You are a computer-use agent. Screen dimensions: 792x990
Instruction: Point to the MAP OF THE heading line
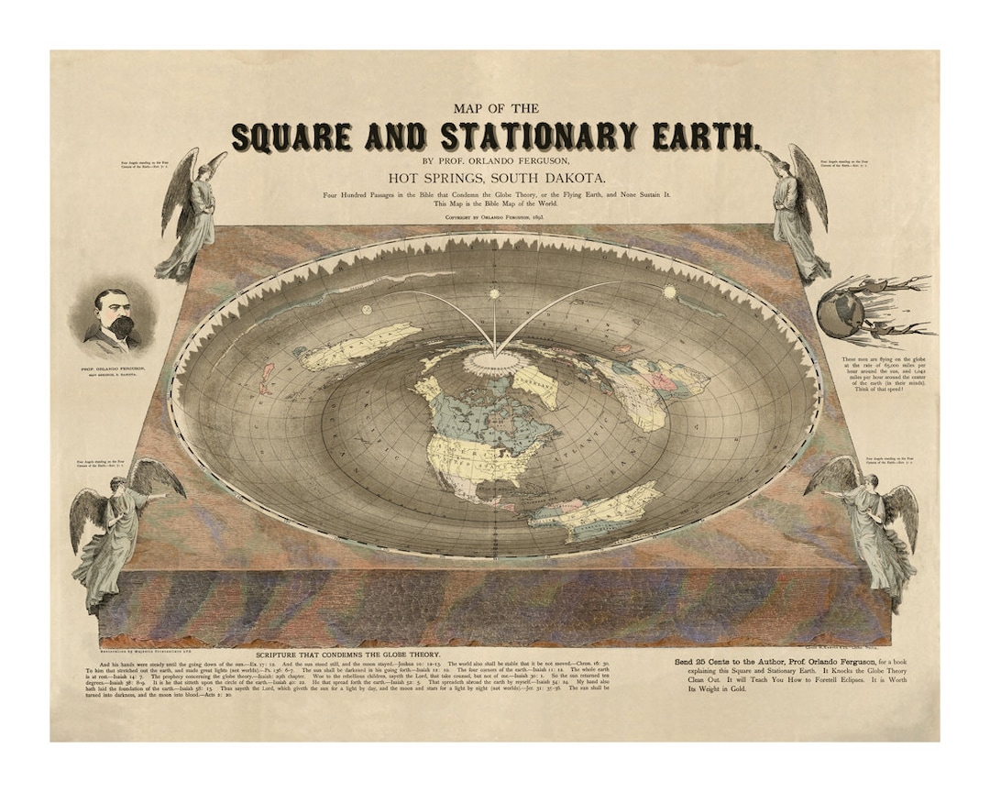[x=495, y=108]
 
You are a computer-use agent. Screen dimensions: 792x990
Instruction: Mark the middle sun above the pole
[x=495, y=294]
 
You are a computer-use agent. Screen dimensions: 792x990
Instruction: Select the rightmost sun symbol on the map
[x=668, y=291]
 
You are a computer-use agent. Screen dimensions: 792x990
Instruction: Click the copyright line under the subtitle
[x=495, y=219]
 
